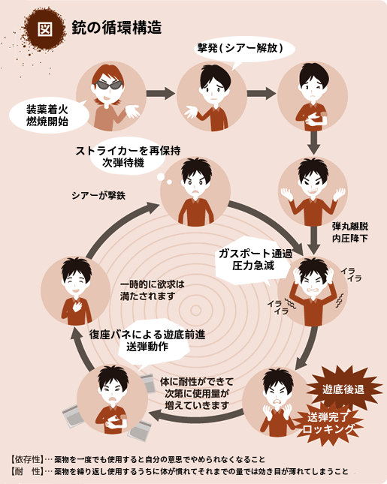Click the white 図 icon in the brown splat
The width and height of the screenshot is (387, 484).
(44, 29)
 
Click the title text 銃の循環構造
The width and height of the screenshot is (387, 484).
(116, 28)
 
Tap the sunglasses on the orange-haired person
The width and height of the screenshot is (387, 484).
(108, 85)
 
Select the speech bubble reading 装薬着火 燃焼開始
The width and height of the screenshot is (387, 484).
(49, 116)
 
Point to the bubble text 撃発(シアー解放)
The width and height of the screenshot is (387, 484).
(240, 48)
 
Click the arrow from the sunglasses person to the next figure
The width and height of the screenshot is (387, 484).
(161, 93)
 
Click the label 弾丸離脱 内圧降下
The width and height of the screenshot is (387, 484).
(350, 232)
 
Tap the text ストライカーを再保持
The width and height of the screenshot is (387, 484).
(128, 151)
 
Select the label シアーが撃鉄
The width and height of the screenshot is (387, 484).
(98, 195)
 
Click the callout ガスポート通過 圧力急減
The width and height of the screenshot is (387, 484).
(253, 260)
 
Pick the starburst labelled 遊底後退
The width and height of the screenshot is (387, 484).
(343, 389)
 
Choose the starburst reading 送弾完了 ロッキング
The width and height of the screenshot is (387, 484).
(328, 423)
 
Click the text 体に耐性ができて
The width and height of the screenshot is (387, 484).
(197, 382)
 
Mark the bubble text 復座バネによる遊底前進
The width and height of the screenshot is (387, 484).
(147, 335)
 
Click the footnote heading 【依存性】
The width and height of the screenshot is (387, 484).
(26, 459)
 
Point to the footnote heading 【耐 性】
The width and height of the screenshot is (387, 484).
(26, 471)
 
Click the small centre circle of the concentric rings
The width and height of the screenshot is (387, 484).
(195, 310)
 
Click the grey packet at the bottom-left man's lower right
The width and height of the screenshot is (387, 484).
(140, 430)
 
